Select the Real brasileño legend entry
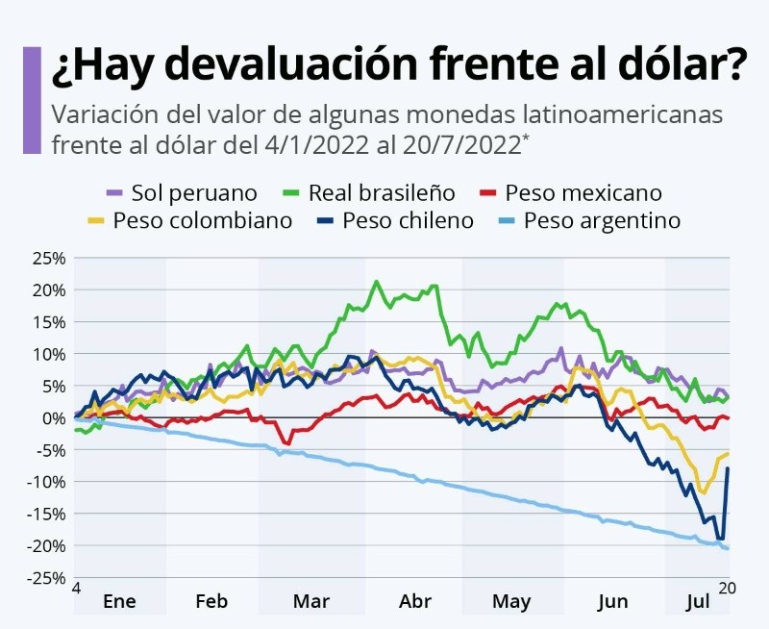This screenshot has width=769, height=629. (x=369, y=193)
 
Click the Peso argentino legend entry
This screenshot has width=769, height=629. (x=591, y=220)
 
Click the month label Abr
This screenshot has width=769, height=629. (x=415, y=602)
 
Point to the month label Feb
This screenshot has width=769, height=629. (x=211, y=602)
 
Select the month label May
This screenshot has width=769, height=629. (x=510, y=602)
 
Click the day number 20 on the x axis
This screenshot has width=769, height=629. (x=727, y=588)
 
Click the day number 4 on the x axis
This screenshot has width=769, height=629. (x=76, y=588)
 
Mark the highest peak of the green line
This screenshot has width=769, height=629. (x=376, y=282)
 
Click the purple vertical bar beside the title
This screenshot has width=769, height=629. (x=32, y=99)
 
